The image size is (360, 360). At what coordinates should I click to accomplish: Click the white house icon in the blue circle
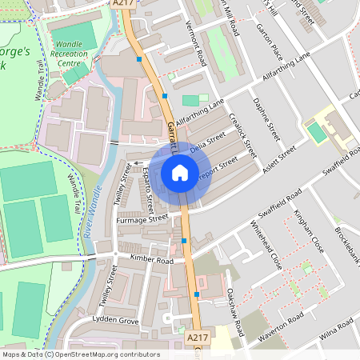[x=180, y=172]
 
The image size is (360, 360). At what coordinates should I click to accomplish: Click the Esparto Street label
[x=148, y=186]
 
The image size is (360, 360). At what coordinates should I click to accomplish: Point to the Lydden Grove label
[x=116, y=320]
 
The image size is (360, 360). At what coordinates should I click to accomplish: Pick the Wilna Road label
[x=336, y=330]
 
